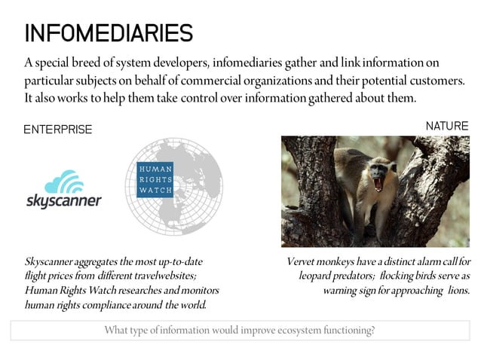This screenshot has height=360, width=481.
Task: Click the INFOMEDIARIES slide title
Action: click(x=109, y=32)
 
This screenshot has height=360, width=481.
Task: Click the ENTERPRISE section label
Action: click(x=57, y=130)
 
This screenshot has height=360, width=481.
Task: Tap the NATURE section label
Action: click(x=447, y=126)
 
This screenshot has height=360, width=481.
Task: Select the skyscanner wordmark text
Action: click(x=63, y=202)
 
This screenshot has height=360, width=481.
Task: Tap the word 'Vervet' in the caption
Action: click(x=302, y=262)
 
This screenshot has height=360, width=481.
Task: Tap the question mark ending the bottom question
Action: click(x=373, y=330)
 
